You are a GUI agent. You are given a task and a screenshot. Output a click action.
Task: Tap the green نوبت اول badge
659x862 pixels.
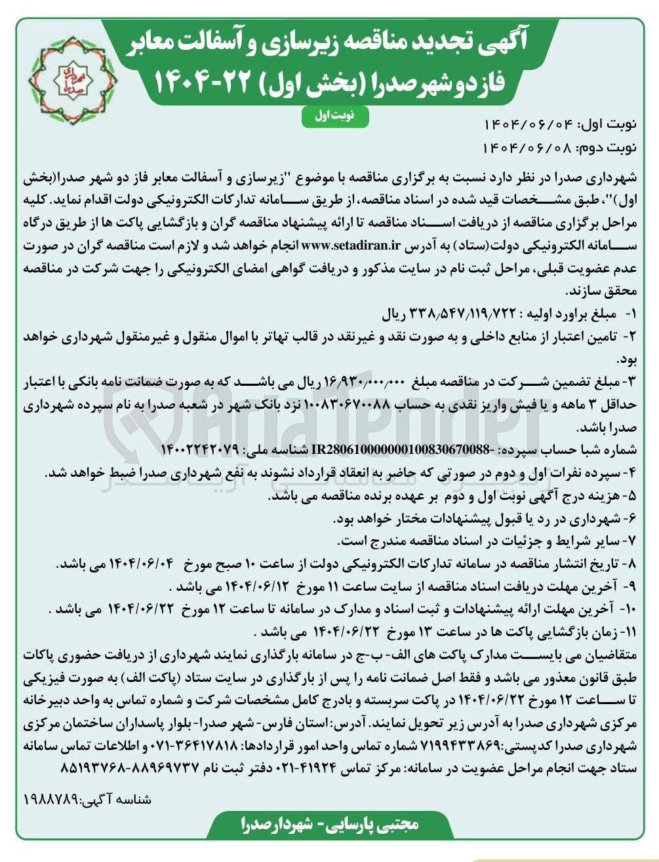[335, 116]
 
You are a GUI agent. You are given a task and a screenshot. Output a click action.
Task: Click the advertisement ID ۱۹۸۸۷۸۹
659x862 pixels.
[50, 800]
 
